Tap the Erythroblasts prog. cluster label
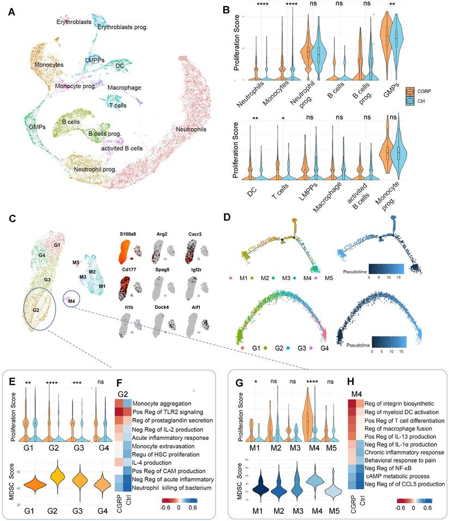[123, 26]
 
